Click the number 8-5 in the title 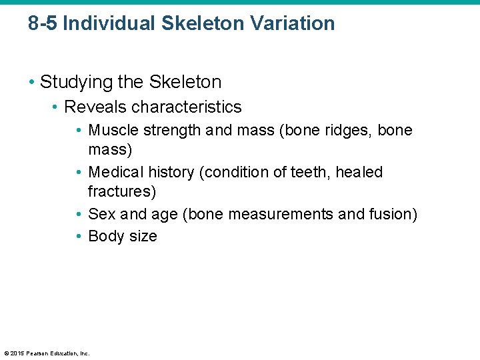tap(43, 23)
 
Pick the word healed tap(359, 172)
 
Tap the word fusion tap(393, 214)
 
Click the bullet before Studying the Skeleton tap(31, 83)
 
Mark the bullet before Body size tap(79, 236)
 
